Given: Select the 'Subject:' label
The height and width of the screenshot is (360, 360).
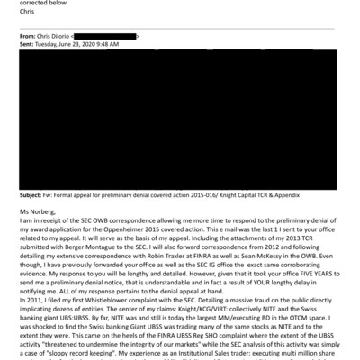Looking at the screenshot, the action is pyautogui.click(x=32, y=194).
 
